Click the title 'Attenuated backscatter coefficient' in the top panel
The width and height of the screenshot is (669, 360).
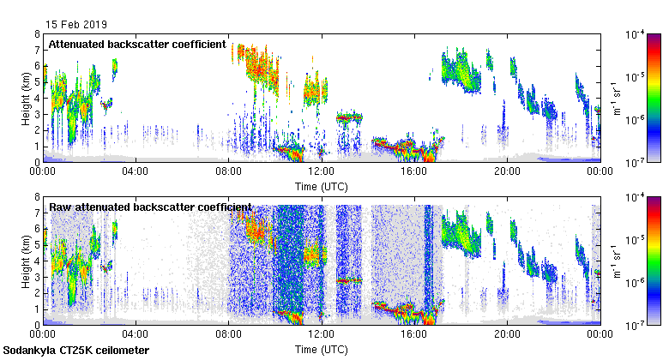(x=137, y=44)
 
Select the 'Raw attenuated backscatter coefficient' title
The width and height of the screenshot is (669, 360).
(x=150, y=207)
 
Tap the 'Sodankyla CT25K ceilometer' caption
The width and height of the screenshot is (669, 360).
(x=76, y=351)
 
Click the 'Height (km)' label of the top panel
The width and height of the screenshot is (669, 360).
(x=27, y=99)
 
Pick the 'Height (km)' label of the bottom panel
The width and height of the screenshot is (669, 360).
(x=27, y=261)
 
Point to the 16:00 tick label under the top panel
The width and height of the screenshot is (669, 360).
(x=414, y=171)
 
